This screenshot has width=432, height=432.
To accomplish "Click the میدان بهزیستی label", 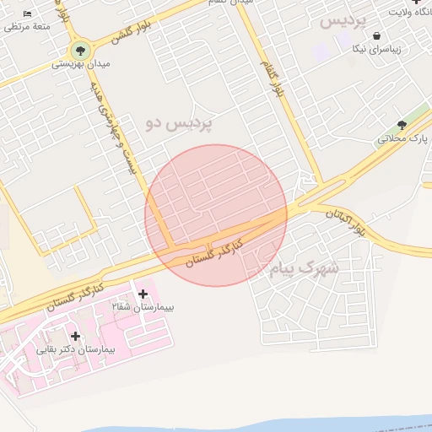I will pos(81,64).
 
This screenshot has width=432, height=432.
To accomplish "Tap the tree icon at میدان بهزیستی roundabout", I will pos(81,49).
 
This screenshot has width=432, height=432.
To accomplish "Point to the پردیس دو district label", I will pos(180,123).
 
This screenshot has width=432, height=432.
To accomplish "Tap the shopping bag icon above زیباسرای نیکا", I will pos(375,35).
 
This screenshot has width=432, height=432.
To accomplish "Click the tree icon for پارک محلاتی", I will pos(402,125).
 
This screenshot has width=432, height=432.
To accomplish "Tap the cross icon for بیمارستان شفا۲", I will pos(143,294).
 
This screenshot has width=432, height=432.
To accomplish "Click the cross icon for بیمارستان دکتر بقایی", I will pos(75,336).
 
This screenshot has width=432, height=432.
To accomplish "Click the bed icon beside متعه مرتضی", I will pos(28,14).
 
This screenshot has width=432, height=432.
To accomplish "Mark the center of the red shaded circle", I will pos(216,216).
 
